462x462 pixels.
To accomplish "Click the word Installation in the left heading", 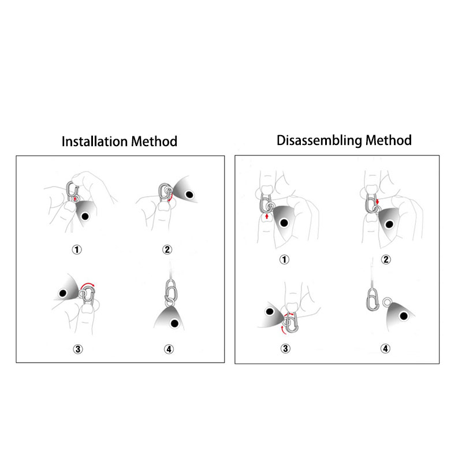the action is (x=95, y=141).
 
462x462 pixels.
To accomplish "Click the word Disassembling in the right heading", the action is (x=319, y=140).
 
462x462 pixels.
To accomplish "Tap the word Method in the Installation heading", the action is (x=154, y=141).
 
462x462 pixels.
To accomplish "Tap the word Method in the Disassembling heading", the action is (x=388, y=140).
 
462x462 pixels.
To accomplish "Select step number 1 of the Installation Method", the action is (x=77, y=250).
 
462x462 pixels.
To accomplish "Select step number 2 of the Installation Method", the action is (x=167, y=249).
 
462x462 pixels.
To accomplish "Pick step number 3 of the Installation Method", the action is (x=78, y=349).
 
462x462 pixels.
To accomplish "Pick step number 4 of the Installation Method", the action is (x=169, y=349).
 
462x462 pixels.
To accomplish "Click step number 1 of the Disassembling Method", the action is (x=284, y=259).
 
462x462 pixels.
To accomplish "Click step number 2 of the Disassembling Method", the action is (x=386, y=259).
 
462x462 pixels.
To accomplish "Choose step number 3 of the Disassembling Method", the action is (x=285, y=349).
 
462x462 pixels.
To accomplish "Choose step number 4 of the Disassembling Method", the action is (x=385, y=349).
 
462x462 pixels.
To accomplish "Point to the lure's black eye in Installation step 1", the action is (x=85, y=217).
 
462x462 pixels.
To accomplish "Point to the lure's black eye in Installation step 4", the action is (x=175, y=323).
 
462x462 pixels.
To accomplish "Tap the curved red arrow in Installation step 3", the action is (x=88, y=284).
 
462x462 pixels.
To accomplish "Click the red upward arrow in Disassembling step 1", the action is (x=267, y=217).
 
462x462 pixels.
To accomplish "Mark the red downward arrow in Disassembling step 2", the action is (x=378, y=202).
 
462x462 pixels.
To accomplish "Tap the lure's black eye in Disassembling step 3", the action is (x=270, y=311).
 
